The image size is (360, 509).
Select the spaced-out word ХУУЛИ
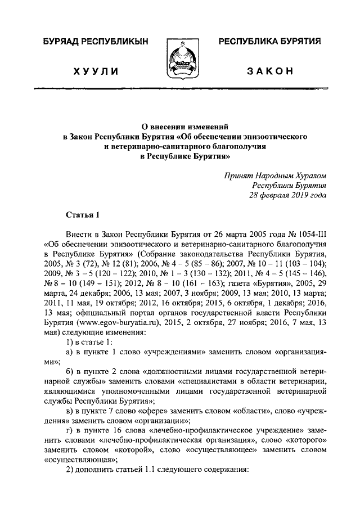click(94, 71)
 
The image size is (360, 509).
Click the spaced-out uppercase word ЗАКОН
click(270, 71)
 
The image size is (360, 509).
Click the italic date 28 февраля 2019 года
click(287, 195)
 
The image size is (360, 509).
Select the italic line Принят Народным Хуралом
click(275, 175)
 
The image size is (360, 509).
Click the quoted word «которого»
click(301, 439)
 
